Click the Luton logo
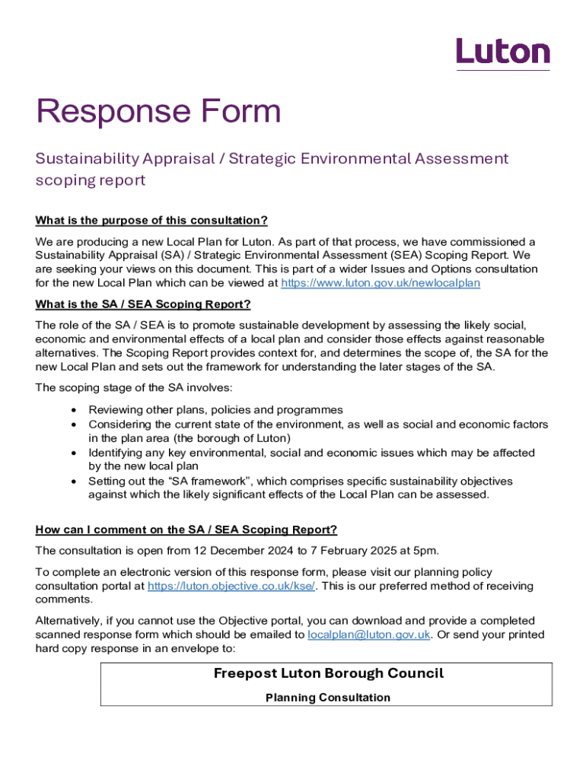coord(502,52)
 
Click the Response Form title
coord(158,113)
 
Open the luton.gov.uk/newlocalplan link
coord(381,283)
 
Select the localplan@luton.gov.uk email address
coord(369,635)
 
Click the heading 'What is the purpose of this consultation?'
coord(151,221)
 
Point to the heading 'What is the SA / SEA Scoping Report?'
coord(143,304)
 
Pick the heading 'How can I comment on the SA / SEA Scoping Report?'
coord(186,529)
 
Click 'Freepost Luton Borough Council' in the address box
coord(328,673)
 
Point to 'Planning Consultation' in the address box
coord(328,698)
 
